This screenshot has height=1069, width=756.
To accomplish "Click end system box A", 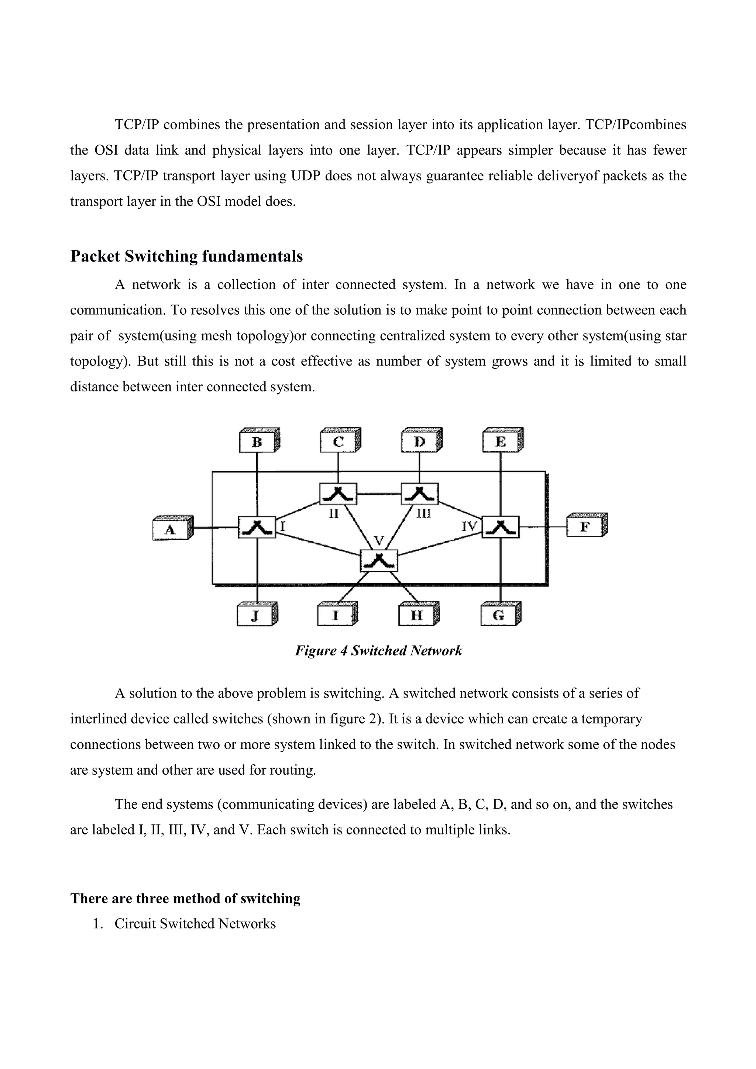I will point(171,529).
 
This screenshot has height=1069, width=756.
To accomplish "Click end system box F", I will point(585,527).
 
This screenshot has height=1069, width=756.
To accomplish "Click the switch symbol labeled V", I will point(379,561).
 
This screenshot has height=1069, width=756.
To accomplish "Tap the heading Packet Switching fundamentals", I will point(186,256).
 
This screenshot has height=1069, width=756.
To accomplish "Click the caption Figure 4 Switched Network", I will point(378,650).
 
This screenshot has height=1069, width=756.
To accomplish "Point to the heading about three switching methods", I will point(185,898).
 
